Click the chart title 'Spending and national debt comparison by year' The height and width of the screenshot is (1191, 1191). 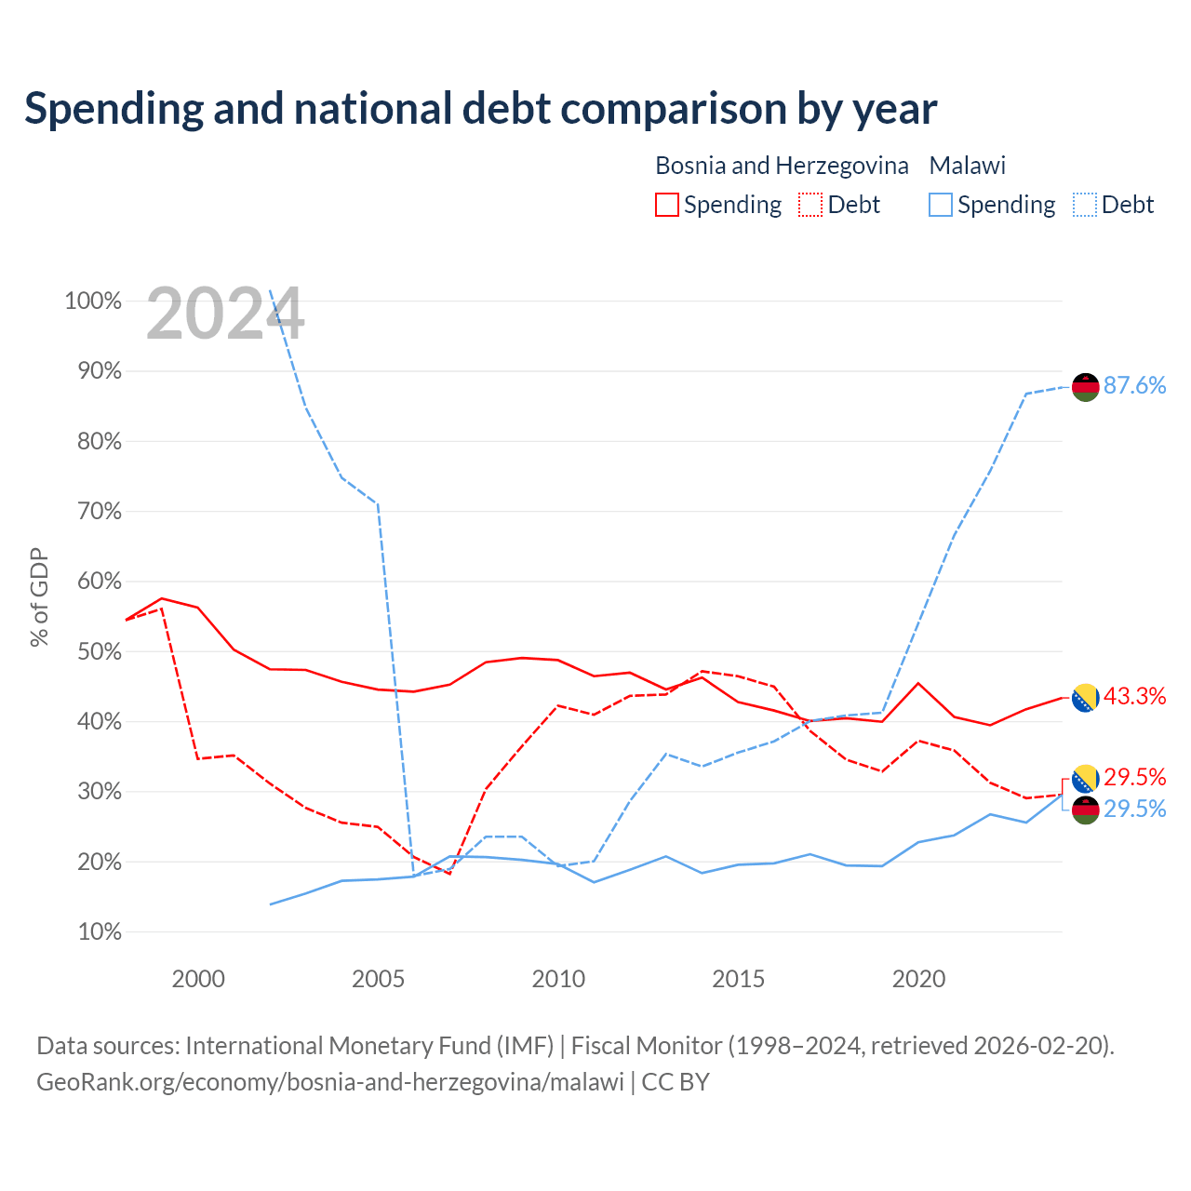coord(480,109)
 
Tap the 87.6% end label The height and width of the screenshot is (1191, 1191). coord(1134,385)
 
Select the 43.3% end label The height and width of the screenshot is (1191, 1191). coord(1134,697)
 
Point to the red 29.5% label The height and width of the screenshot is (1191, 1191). coord(1134,777)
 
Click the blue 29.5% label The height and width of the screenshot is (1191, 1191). coord(1134,809)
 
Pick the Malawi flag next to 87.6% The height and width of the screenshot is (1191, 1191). coord(1085,387)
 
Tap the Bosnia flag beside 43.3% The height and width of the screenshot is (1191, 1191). coord(1085,698)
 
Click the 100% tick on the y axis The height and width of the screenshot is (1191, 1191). coord(93,301)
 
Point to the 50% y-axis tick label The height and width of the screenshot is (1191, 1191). coord(100,651)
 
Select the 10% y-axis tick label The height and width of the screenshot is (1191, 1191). coord(100,931)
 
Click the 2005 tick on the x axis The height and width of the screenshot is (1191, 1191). coord(378,978)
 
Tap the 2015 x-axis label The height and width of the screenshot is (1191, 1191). coord(738,978)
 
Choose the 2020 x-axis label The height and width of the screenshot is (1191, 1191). coord(918,978)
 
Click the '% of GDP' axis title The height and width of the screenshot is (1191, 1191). coord(39,597)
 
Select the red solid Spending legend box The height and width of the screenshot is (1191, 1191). coord(667,205)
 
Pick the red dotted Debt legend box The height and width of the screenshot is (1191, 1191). coord(810,205)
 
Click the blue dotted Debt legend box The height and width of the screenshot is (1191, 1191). coord(1084,205)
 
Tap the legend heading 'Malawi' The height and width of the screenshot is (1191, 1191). coord(968,166)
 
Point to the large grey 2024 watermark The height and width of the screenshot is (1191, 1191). coord(225,314)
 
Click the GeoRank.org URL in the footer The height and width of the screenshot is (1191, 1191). coord(330,1081)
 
